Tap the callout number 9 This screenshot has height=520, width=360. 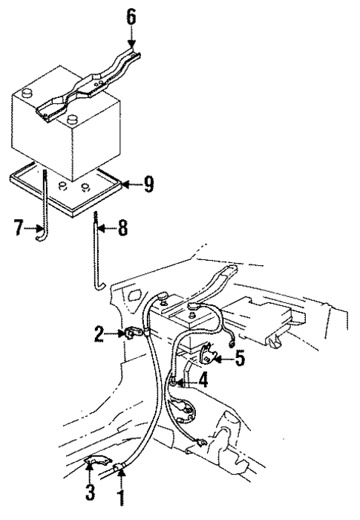149,184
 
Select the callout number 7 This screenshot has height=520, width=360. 19,228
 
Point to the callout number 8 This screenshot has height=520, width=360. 122,228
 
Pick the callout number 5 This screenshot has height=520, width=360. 240,358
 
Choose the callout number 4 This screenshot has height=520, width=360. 202,380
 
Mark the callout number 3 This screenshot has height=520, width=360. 90,491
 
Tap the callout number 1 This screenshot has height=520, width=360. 122,494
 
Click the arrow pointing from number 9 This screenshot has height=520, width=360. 132,184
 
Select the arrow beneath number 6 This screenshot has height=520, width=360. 131,38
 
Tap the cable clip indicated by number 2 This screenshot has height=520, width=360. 131,334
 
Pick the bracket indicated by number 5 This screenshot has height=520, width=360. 209,355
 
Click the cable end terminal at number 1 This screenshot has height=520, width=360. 120,468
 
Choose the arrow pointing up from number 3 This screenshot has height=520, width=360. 89,473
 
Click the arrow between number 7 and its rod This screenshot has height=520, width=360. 34,228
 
